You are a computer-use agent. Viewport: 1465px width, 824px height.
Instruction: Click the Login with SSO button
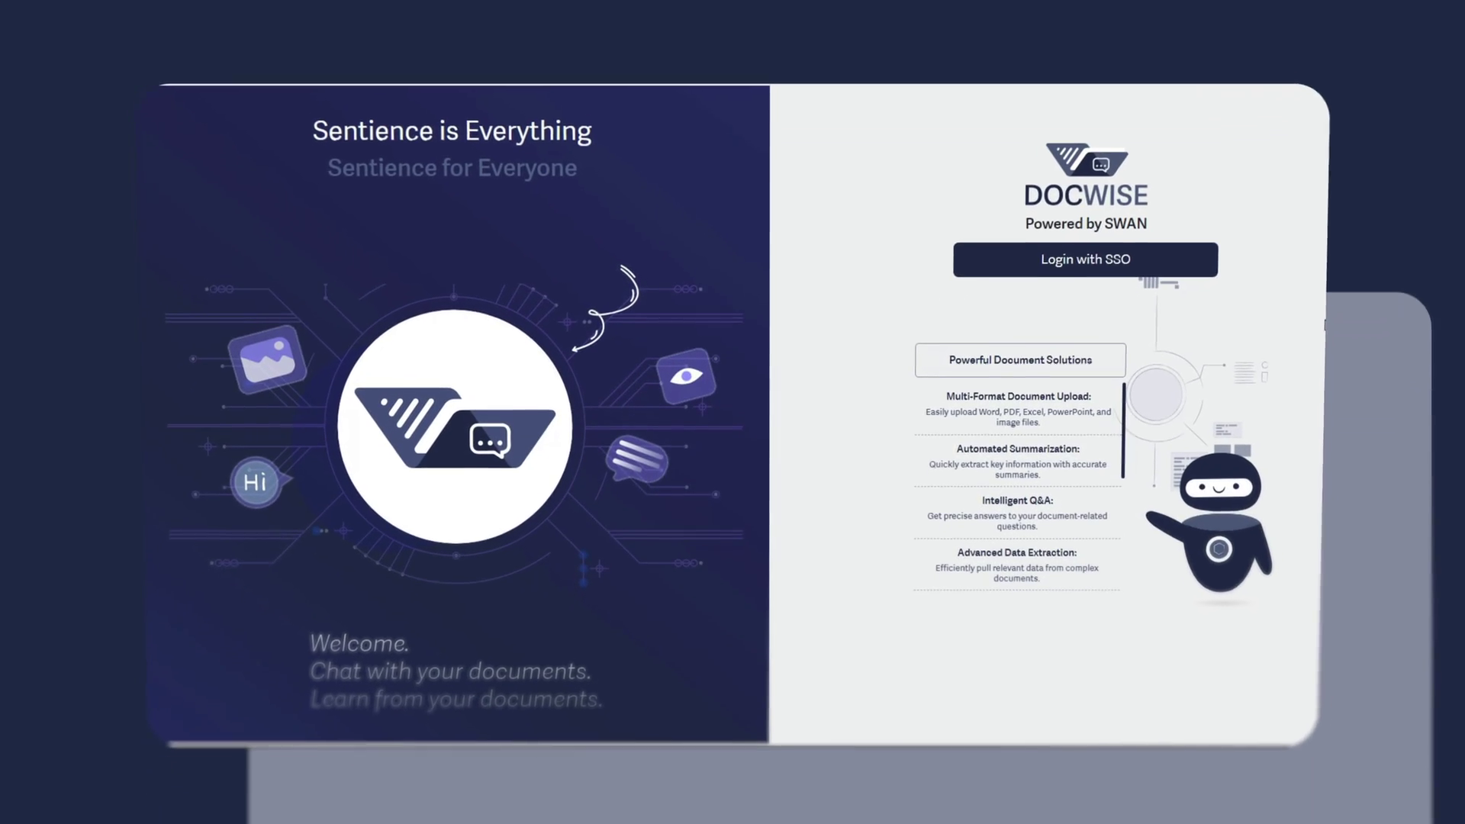1085,259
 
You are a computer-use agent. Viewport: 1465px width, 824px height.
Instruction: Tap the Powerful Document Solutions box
1020,360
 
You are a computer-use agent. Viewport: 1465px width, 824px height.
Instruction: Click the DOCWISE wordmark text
1086,195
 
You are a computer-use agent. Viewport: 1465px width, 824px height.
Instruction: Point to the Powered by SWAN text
1086,224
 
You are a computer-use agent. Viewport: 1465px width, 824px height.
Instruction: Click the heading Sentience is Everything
452,131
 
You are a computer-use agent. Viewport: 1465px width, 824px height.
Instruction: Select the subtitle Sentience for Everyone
452,168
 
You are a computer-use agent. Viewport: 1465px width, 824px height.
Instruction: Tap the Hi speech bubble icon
257,482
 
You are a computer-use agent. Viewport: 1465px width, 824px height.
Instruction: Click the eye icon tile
686,376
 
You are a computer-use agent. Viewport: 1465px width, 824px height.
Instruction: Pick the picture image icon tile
267,359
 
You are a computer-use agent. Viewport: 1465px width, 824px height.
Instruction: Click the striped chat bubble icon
636,459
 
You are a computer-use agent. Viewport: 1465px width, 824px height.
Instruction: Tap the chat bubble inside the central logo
490,440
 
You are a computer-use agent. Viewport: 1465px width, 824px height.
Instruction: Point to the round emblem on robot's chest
1219,549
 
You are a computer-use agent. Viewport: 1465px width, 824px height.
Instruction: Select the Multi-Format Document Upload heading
1019,397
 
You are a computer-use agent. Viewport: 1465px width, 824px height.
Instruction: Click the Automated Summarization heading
1018,449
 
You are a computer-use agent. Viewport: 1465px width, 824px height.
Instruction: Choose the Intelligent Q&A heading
1017,501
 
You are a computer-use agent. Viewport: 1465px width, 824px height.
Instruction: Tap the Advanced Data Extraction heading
1017,552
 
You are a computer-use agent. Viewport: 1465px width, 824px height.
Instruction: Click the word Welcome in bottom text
359,644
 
